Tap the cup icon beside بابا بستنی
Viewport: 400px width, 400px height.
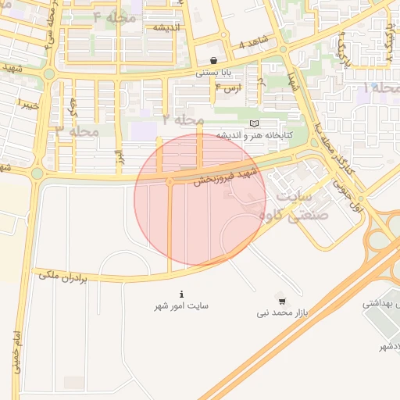click(x=214, y=60)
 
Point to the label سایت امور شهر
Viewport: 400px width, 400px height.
click(x=182, y=305)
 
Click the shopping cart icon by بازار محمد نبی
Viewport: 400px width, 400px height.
click(x=281, y=301)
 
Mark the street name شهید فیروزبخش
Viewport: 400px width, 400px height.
click(x=227, y=172)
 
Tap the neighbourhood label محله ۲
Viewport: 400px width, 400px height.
click(x=183, y=120)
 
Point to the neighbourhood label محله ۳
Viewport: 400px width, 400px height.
click(x=77, y=131)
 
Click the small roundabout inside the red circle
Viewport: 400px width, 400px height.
click(x=170, y=182)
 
